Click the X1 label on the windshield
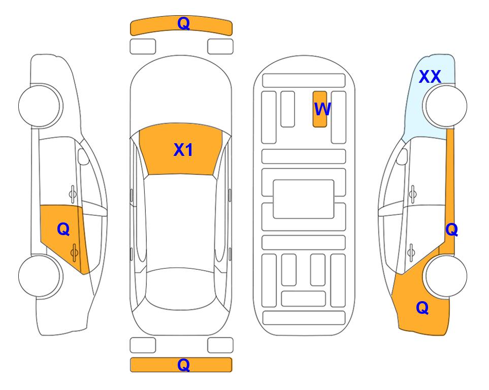(183, 150)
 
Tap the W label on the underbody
(322, 109)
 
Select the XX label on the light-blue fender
(430, 77)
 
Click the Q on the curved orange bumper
(183, 23)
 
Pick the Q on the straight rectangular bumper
(183, 365)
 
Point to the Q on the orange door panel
(63, 230)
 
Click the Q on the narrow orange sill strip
(451, 230)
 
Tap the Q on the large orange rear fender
(422, 308)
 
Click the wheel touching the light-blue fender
(445, 106)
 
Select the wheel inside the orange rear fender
(445, 276)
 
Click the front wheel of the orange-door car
(40, 106)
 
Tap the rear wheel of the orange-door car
(40, 276)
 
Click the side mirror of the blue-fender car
(402, 157)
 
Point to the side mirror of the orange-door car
(83, 156)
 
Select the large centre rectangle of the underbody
(304, 199)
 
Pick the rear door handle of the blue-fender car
(411, 252)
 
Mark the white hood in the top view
(181, 93)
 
